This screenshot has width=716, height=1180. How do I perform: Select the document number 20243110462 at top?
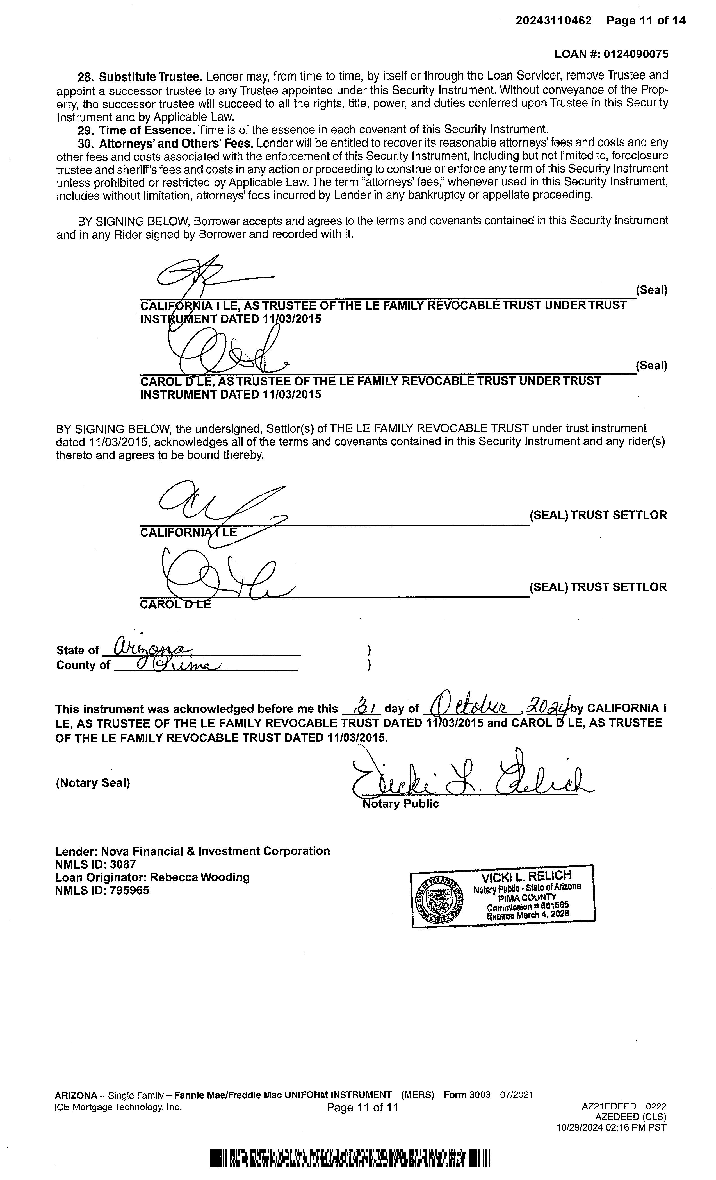(x=554, y=21)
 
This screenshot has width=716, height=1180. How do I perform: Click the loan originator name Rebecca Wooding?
(x=200, y=877)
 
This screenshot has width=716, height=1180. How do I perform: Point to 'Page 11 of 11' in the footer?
(x=362, y=1108)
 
